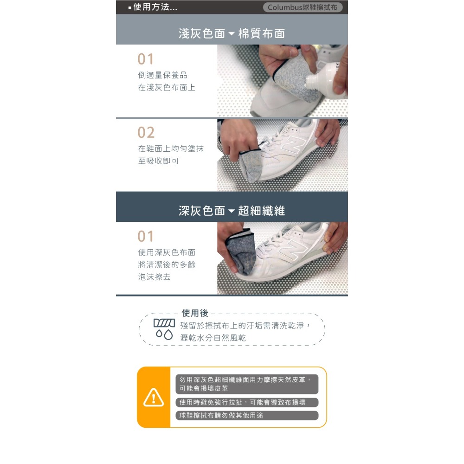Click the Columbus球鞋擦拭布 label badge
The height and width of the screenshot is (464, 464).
(x=302, y=7)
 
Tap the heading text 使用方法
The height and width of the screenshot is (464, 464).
(x=155, y=7)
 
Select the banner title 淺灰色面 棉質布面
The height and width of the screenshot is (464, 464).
(x=232, y=33)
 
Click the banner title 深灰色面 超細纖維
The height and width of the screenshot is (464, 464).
(x=232, y=211)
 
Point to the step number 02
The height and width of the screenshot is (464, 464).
(x=146, y=133)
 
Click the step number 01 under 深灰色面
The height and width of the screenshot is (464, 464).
(x=146, y=237)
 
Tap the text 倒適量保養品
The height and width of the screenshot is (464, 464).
(x=162, y=75)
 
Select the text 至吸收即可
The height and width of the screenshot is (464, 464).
(x=158, y=161)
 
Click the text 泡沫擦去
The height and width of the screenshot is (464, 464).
(x=154, y=277)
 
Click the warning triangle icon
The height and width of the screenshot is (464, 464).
(x=153, y=397)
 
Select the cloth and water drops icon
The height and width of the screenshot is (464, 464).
(x=164, y=328)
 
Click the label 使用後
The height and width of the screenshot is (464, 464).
(x=195, y=313)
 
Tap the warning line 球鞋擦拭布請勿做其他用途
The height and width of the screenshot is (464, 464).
(x=222, y=415)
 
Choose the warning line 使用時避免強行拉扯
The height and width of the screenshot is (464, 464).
(x=242, y=402)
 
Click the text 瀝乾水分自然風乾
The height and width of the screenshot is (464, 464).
(x=213, y=338)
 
